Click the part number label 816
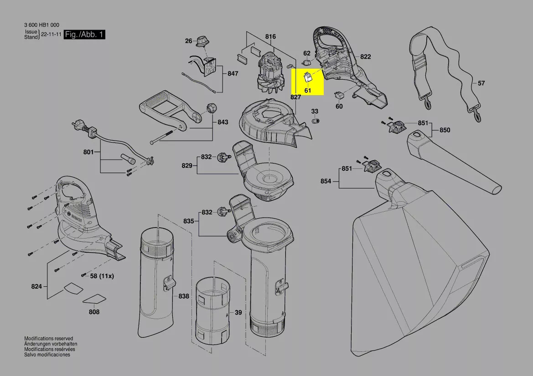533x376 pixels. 271,36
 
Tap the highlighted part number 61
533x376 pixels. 308,91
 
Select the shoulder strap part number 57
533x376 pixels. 481,83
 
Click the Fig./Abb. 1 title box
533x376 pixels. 84,35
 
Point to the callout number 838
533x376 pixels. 183,296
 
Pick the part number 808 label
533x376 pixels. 94,312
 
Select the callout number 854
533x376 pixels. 326,181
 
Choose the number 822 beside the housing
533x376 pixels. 365,57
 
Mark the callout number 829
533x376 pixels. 187,166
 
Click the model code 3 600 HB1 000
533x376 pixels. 41,25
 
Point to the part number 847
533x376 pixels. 233,73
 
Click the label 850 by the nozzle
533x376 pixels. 445,130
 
